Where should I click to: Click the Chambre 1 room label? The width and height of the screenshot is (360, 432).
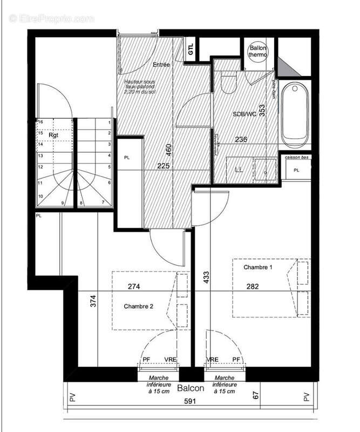(x=259, y=267)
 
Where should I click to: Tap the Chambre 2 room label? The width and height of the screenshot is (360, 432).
(x=139, y=306)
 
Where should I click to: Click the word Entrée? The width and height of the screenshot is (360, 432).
(x=161, y=65)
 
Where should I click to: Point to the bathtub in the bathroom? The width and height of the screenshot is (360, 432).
(x=295, y=114)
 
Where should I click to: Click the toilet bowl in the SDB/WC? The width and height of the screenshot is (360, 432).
(x=229, y=84)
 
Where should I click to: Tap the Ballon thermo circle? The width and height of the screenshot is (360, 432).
(x=256, y=52)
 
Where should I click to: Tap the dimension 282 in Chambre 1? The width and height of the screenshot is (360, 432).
(x=253, y=286)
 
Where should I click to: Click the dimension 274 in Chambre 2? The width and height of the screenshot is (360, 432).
(x=134, y=286)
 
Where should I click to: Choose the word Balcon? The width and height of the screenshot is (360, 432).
(x=191, y=388)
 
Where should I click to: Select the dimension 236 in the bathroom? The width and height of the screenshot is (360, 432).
(x=242, y=139)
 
